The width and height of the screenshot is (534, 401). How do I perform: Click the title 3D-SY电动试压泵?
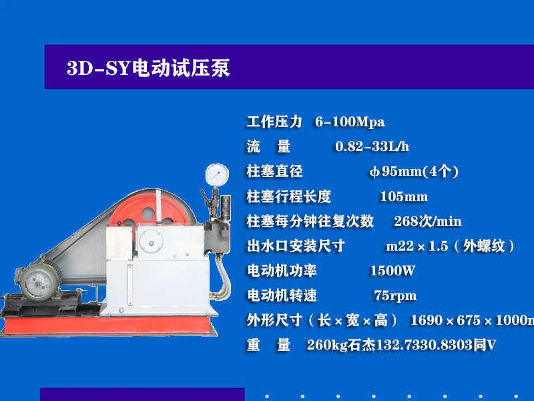tap(148, 68)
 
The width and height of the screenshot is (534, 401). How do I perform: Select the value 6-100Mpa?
tap(350, 122)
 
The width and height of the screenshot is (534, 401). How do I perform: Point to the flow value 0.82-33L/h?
tap(372, 147)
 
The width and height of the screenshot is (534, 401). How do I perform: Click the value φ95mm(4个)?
tap(414, 172)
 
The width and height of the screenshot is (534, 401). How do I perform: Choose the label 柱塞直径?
tap(274, 172)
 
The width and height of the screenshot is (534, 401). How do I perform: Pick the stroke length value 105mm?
tap(404, 196)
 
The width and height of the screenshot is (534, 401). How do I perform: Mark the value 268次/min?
tap(428, 221)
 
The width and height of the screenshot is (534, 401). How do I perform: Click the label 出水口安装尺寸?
tap(296, 246)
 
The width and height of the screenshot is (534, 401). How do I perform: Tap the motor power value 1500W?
tap(392, 271)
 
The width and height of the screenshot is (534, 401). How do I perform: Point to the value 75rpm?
tap(395, 295)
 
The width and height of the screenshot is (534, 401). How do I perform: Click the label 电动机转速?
tap(282, 295)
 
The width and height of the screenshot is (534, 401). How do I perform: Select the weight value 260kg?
tap(324, 346)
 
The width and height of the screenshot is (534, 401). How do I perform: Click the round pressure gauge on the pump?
tap(216, 174)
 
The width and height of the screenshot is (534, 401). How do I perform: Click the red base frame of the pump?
tap(154, 325)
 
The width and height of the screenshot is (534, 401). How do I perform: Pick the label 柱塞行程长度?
tap(288, 196)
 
